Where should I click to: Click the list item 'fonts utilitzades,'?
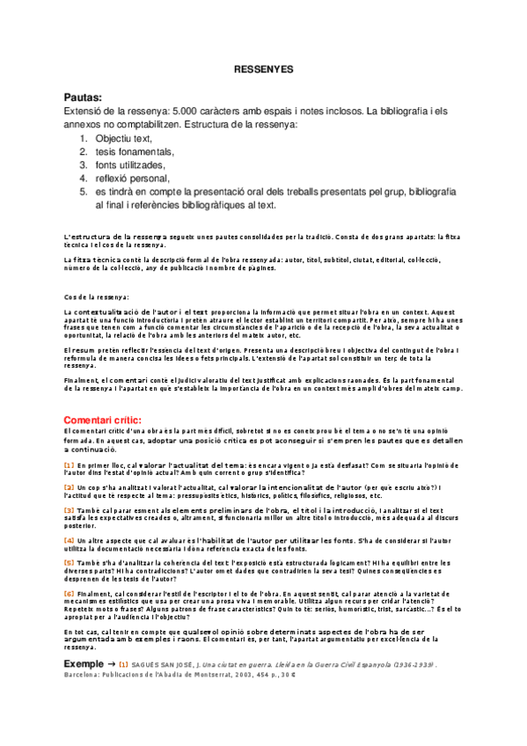pos(129,165)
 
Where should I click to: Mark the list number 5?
pos(84,191)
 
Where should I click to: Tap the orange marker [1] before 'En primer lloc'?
pos(70,464)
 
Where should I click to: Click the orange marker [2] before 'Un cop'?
pos(70,486)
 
